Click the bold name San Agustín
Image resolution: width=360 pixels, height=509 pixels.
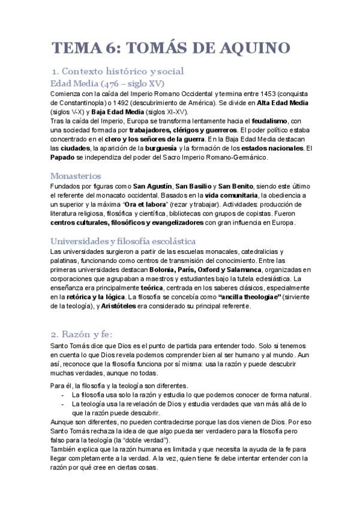coord(152,187)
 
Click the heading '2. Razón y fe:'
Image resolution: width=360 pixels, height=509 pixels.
coord(86,334)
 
